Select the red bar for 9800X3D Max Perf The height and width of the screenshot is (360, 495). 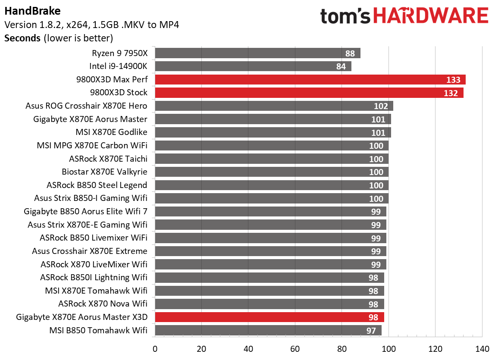coord(310,80)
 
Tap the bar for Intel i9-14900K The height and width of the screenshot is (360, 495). coord(253,66)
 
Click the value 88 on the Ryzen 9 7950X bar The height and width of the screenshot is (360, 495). coord(350,53)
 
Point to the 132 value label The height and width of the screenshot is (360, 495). coord(450,93)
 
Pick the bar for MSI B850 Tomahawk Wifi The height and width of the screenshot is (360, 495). coord(268,331)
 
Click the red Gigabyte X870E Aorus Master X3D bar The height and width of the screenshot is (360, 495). coord(269,317)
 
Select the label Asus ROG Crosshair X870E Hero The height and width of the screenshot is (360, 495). coord(86,106)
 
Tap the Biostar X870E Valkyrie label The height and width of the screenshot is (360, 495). coord(104,172)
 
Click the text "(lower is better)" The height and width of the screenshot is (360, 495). coord(78,38)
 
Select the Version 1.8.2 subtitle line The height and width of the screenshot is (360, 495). coord(91,24)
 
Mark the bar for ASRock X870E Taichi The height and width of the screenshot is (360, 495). coord(271,159)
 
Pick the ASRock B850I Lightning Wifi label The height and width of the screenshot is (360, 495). coord(94,278)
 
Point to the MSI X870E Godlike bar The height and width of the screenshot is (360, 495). coord(273,132)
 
